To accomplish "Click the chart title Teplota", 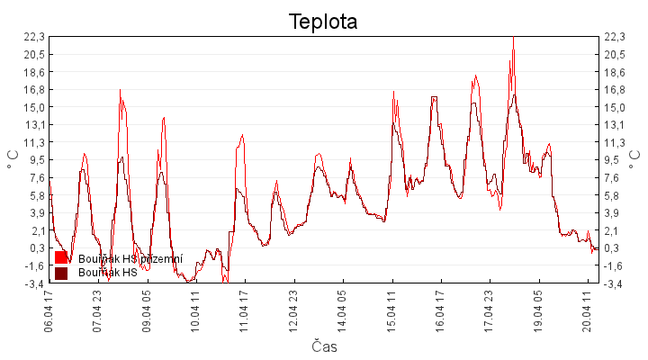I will (323, 22).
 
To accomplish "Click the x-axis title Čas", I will (324, 346).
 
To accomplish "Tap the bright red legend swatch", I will (61, 258).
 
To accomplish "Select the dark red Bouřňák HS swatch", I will (61, 273).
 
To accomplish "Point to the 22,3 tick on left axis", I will (34, 37).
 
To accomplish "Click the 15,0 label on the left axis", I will (34, 107).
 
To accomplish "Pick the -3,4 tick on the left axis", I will (34, 283).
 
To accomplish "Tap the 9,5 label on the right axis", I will (614, 160).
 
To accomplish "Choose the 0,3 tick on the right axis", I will (614, 248).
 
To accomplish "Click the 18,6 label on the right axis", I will (614, 72).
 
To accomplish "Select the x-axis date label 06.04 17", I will (49, 310).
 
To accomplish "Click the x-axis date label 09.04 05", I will (147, 310).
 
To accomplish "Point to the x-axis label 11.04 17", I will (244, 310).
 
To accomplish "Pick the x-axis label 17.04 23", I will (489, 310).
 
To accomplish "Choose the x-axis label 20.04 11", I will (587, 310).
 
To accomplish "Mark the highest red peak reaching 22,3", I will (513, 38).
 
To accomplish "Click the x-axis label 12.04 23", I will (293, 310).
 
